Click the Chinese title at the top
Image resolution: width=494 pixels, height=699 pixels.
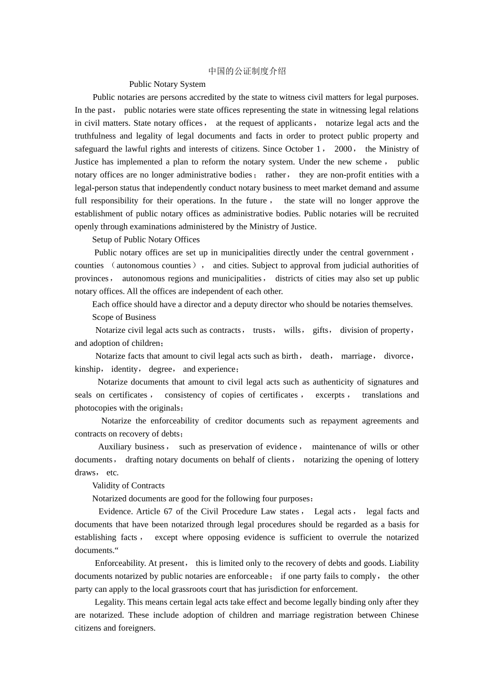tap(247, 71)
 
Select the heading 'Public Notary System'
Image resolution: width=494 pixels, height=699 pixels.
tap(167, 84)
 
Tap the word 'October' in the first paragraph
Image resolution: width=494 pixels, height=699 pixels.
tap(299, 149)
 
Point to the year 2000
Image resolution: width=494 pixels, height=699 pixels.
tap(343, 149)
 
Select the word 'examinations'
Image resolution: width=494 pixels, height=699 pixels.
tap(154, 227)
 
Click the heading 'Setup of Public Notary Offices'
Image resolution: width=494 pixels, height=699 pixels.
tap(146, 240)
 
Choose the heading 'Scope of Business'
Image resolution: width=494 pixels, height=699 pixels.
tap(124, 317)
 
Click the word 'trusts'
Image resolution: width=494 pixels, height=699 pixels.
tap(263, 330)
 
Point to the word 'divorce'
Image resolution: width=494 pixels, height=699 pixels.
tap(397, 356)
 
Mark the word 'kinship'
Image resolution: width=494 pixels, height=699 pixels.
tap(87, 369)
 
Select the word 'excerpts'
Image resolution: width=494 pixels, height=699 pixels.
tap(330, 395)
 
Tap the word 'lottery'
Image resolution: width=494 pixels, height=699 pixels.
tap(405, 460)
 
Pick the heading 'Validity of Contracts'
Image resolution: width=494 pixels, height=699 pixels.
tap(128, 486)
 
